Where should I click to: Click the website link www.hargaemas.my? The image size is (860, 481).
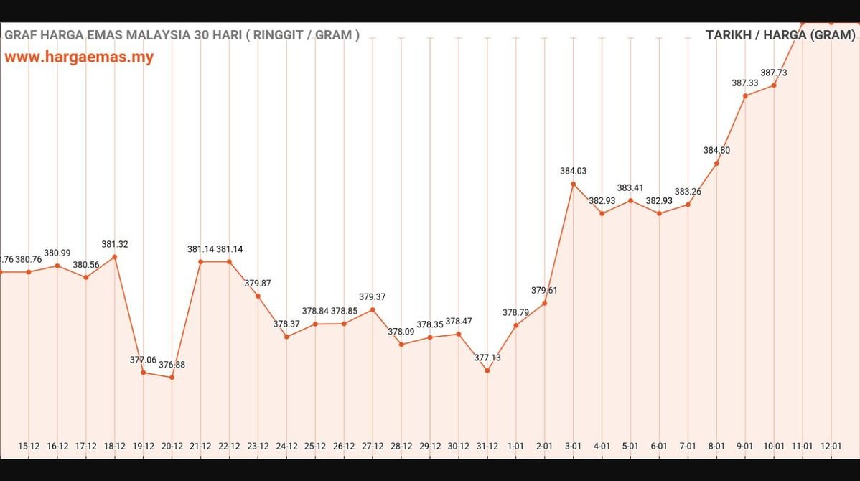pyautogui.click(x=79, y=57)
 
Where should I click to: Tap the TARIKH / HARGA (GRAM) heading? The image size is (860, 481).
pyautogui.click(x=780, y=34)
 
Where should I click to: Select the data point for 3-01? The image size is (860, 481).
pyautogui.click(x=573, y=184)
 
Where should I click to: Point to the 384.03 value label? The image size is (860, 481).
pyautogui.click(x=573, y=171)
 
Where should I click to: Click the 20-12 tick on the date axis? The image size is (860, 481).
pyautogui.click(x=172, y=446)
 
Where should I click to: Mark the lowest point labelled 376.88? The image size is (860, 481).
pyautogui.click(x=172, y=378)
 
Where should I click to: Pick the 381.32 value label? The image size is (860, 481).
pyautogui.click(x=115, y=244)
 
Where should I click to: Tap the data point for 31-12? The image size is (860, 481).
pyautogui.click(x=487, y=370)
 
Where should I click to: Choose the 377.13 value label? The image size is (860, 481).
pyautogui.click(x=487, y=358)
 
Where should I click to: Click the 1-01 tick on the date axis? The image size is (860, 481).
pyautogui.click(x=515, y=446)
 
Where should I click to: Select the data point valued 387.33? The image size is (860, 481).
pyautogui.click(x=745, y=95)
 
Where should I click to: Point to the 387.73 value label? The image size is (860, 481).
pyautogui.click(x=774, y=73)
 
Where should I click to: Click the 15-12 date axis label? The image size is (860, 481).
pyautogui.click(x=29, y=446)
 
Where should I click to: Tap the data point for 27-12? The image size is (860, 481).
pyautogui.click(x=373, y=309)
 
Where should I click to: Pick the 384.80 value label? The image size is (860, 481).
pyautogui.click(x=716, y=151)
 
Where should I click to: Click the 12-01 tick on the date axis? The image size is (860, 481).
pyautogui.click(x=831, y=446)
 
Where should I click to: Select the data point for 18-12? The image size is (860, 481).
pyautogui.click(x=115, y=257)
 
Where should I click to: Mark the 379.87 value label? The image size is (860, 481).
pyautogui.click(x=258, y=283)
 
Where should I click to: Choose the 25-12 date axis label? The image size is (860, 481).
pyautogui.click(x=315, y=446)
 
